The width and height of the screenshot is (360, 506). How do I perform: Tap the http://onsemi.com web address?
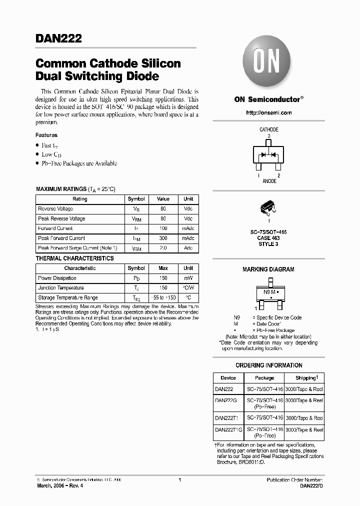pos(269,113)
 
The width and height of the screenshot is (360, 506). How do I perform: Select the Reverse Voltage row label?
pos(55,209)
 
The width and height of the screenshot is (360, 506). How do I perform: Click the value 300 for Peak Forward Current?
pos(163,238)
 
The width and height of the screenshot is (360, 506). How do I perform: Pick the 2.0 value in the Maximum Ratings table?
pos(163,248)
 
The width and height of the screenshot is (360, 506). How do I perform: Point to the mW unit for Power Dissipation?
pos(188,278)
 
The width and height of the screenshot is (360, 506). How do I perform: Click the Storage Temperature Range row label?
pos(68,297)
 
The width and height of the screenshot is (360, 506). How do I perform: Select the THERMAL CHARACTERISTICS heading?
pos(74,258)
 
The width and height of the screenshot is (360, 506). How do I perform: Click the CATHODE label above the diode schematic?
pos(269,130)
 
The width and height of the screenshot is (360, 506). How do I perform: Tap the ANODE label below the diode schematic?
pos(269,181)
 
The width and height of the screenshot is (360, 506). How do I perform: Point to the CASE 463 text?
pos(269,238)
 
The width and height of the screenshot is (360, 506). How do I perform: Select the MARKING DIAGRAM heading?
pos(268,269)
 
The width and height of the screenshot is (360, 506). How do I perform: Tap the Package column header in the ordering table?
pos(264,378)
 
